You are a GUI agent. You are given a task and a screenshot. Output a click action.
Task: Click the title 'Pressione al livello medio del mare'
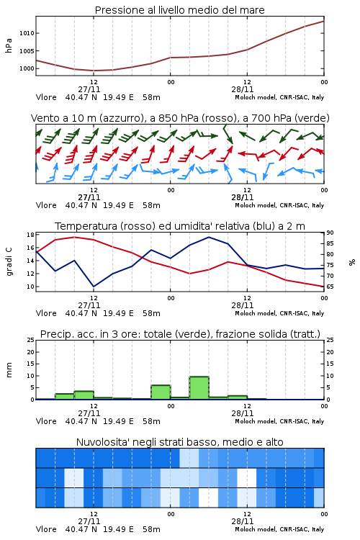point(179,10)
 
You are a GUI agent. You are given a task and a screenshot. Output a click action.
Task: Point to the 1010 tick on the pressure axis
point(27,33)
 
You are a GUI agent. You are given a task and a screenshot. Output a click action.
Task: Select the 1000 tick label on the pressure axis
point(27,68)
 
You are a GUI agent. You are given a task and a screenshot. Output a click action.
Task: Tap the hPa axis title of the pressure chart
point(9,45)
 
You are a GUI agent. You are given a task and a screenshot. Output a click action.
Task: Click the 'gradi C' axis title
point(9,262)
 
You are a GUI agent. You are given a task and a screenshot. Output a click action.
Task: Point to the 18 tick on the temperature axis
point(30,235)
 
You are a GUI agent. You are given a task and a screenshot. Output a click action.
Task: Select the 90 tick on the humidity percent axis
point(330,233)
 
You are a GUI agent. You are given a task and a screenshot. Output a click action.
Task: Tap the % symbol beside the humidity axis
point(352,262)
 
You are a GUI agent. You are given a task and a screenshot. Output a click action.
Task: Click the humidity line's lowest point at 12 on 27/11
point(94,287)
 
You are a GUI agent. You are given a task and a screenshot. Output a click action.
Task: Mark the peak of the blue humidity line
point(209,237)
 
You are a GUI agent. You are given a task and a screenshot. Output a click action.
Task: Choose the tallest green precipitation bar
point(199,388)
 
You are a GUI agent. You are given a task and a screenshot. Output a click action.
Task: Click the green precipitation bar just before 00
point(161,392)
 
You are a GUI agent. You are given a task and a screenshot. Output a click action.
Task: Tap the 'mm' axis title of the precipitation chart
point(9,370)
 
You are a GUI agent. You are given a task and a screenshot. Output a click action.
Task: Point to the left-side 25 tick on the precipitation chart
point(30,340)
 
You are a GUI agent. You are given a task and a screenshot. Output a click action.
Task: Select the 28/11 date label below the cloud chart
point(243,521)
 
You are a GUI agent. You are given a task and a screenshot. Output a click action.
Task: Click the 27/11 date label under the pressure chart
point(89,89)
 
